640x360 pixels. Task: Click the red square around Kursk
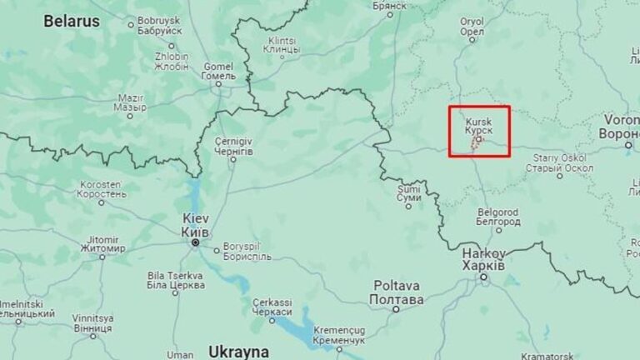(479, 131)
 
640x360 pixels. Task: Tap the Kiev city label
(196, 224)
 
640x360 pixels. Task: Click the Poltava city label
(397, 292)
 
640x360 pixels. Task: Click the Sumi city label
(409, 193)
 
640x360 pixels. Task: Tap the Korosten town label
(102, 189)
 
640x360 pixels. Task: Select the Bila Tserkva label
(175, 280)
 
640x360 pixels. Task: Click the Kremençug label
(339, 336)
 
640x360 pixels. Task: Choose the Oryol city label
(472, 27)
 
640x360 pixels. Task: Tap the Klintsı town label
(282, 45)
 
